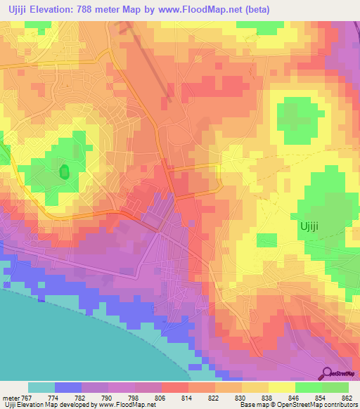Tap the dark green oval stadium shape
click(x=64, y=171)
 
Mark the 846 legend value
click(x=295, y=398)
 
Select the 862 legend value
click(x=348, y=398)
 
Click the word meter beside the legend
click(x=11, y=398)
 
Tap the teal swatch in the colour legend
click(x=41, y=387)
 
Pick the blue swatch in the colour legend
click(x=67, y=387)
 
